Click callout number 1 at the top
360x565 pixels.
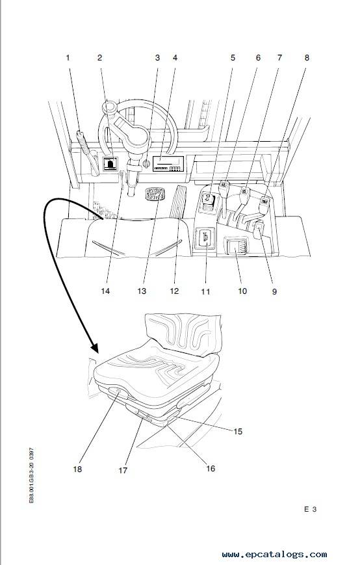click(x=68, y=58)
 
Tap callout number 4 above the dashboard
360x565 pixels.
click(x=175, y=58)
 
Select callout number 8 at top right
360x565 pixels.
click(x=307, y=58)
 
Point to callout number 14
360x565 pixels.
click(x=105, y=291)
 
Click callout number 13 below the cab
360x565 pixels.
click(x=142, y=291)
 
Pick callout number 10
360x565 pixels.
click(x=242, y=291)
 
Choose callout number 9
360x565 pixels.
click(x=274, y=291)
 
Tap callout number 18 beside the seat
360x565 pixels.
click(x=77, y=469)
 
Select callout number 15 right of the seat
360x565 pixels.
click(x=238, y=431)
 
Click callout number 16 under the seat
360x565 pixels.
click(x=211, y=468)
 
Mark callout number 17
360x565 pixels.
click(x=123, y=470)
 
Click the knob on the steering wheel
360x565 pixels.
click(x=109, y=107)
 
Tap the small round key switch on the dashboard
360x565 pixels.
click(x=146, y=164)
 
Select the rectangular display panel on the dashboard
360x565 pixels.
click(x=168, y=164)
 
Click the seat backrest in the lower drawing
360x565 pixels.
click(x=184, y=334)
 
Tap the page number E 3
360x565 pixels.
click(x=311, y=509)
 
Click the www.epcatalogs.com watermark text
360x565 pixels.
click(x=275, y=554)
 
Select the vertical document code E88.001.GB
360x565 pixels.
click(x=32, y=475)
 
